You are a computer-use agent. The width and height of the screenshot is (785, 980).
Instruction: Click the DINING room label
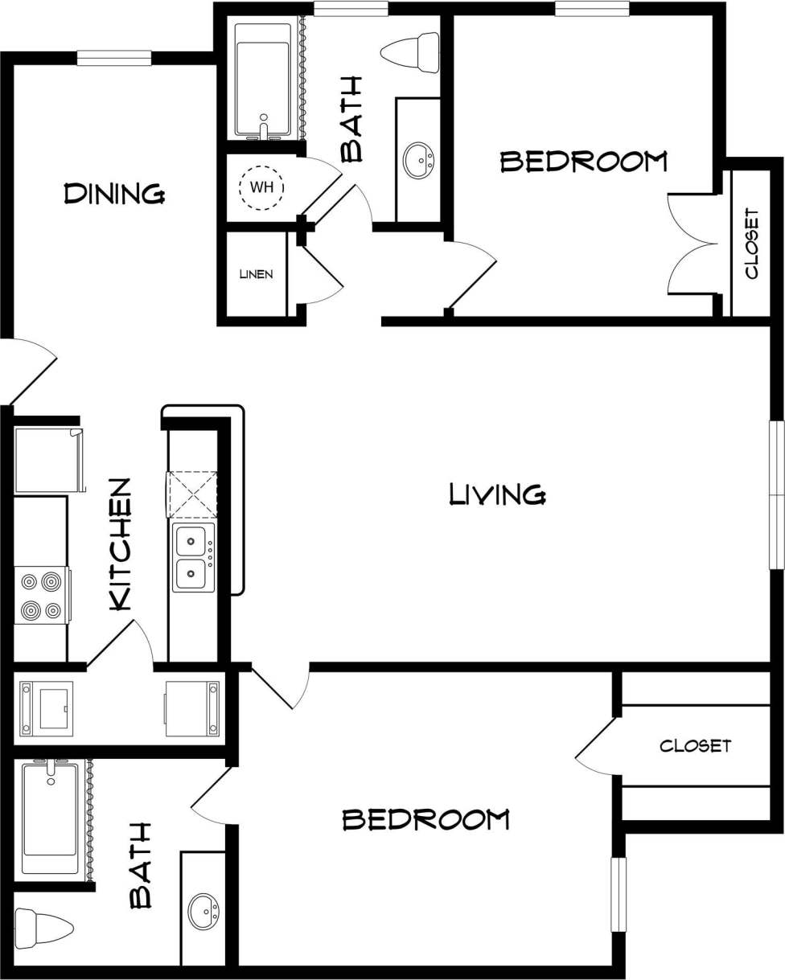click(x=114, y=194)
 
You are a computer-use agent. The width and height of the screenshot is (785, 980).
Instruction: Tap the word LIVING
click(x=497, y=494)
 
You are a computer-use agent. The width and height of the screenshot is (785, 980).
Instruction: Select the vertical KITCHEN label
click(x=120, y=544)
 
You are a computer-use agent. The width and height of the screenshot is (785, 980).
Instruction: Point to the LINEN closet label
click(x=256, y=274)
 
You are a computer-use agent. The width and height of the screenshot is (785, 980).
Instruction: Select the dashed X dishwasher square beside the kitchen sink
click(x=191, y=494)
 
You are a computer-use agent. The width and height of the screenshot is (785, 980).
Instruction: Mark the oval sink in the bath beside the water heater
click(x=418, y=161)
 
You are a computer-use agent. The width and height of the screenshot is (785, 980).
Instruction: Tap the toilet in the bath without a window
click(x=44, y=926)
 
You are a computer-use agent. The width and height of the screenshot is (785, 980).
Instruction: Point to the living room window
click(x=776, y=494)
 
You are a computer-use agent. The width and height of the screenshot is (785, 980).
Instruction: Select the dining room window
click(x=114, y=58)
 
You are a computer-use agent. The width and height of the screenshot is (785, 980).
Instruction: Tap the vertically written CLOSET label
click(x=751, y=244)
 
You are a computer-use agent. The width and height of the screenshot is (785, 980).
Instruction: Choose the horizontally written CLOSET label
click(x=695, y=746)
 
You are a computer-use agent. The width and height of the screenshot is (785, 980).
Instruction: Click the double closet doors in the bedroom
click(x=692, y=244)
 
